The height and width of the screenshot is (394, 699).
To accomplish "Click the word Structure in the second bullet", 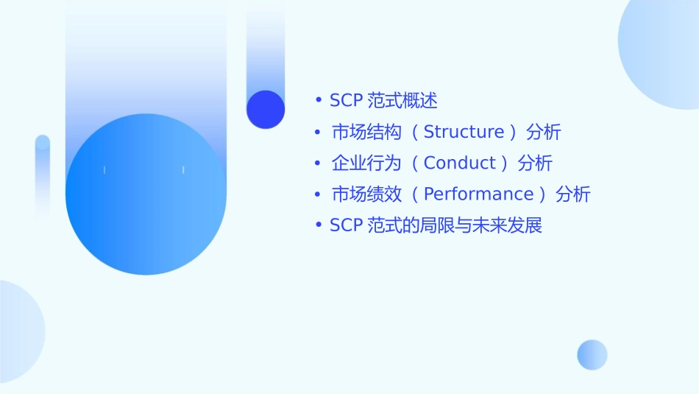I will (464, 133).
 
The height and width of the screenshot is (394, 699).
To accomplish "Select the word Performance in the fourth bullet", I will (478, 194).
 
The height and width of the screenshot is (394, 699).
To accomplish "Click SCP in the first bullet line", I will (345, 101).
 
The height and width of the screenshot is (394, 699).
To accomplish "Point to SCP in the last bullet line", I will (345, 225).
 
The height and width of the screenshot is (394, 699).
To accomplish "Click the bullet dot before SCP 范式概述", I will (318, 101).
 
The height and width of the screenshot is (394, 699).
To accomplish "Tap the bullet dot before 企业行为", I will (318, 163).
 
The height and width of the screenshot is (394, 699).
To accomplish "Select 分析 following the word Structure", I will (544, 133).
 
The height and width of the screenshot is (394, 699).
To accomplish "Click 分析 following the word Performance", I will (573, 194).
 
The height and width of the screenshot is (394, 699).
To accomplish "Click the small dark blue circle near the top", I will (266, 109).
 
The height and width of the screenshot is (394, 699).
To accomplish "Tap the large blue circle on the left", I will (146, 194).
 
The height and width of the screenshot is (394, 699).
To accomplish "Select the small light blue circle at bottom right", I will (592, 354).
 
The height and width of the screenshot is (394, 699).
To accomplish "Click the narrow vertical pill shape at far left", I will (43, 177).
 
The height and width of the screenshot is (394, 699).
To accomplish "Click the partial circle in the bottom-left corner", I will (18, 331).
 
